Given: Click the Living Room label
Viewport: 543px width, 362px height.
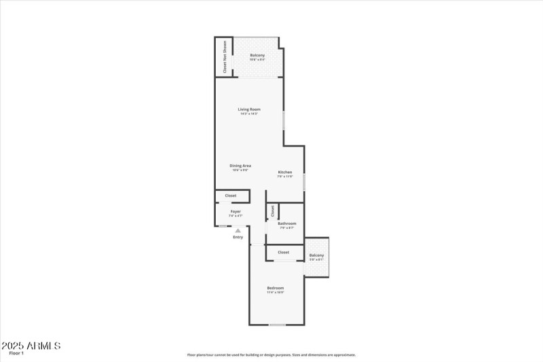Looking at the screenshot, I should point(249,109).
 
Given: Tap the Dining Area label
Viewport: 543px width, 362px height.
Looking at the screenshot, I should point(240,166).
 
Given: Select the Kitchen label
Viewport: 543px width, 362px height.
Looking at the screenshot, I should point(285,173).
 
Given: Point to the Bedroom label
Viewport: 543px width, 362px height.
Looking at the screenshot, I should point(275,288).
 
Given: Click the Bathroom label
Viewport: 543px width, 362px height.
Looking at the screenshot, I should point(287,223).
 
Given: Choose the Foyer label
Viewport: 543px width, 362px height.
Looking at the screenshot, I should point(236,211).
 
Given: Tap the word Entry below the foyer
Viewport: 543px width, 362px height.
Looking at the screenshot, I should point(238,237).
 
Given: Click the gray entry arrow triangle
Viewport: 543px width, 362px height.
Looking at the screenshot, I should point(238,231).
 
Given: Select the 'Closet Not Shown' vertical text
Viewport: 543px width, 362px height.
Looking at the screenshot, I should point(225,57).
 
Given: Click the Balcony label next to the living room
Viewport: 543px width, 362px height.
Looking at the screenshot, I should point(257,55).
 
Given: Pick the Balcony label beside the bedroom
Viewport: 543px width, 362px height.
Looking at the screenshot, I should point(316,255).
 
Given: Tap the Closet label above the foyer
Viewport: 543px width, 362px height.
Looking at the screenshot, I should point(231,196).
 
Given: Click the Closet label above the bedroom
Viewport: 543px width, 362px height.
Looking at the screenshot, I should point(284,252).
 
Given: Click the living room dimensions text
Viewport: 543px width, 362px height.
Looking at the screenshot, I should point(249,113).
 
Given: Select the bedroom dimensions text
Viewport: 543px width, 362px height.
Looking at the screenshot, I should point(275,293).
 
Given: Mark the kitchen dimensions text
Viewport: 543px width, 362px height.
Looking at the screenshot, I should point(285,177).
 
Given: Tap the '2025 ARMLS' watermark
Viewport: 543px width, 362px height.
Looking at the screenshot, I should point(31,346).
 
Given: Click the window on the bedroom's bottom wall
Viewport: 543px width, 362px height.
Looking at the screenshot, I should point(277,325).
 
